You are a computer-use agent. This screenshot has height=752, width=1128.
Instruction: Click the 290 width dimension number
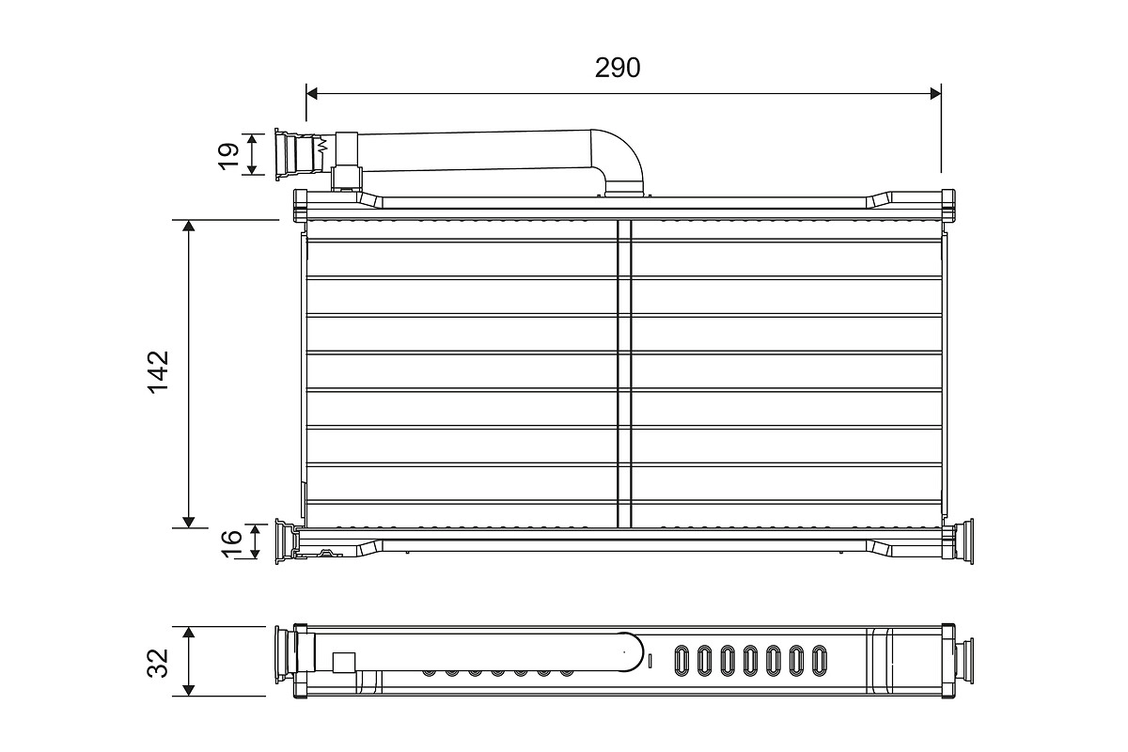[618, 68]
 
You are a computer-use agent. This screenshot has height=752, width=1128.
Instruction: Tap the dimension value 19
[228, 154]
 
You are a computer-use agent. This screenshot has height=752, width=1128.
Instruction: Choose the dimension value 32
[160, 662]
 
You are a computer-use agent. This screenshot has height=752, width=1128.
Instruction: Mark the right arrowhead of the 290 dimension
[933, 93]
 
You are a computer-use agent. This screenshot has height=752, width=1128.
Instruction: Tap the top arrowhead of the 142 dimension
[189, 227]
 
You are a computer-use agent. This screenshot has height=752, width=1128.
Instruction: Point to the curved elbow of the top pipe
[620, 155]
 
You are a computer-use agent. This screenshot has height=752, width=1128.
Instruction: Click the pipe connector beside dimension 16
[286, 542]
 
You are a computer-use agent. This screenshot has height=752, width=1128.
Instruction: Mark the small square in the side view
[344, 662]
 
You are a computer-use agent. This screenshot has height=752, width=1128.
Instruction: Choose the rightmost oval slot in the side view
[819, 660]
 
